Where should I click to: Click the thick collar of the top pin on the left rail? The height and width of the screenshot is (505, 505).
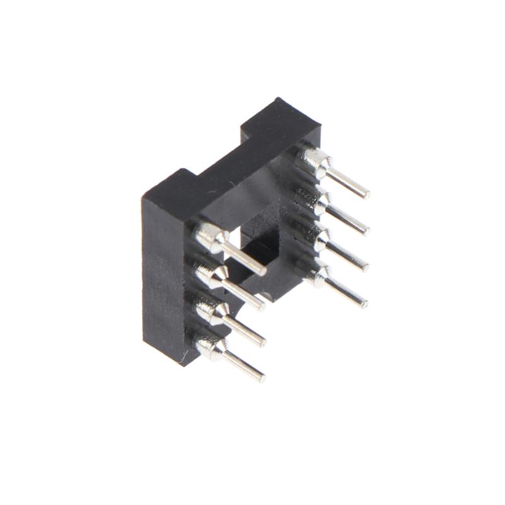pyautogui.click(x=211, y=237)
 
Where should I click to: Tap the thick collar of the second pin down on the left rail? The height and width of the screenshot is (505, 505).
pyautogui.click(x=210, y=275)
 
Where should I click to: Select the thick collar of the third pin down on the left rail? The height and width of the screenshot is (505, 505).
pyautogui.click(x=209, y=311)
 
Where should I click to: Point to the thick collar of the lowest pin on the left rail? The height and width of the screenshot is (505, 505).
pyautogui.click(x=209, y=347)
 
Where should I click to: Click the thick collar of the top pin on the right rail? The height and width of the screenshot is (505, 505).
pyautogui.click(x=312, y=161)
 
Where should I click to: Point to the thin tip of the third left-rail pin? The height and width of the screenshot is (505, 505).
pyautogui.click(x=260, y=342)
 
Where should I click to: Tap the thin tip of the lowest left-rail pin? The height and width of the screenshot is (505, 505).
pyautogui.click(x=259, y=377)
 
